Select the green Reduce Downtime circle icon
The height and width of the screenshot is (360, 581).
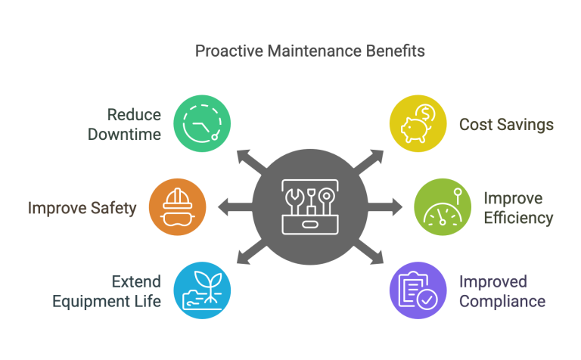click(203, 124)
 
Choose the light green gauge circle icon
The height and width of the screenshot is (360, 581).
click(442, 206)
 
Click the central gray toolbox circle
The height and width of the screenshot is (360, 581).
click(309, 206)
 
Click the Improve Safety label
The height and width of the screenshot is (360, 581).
click(82, 207)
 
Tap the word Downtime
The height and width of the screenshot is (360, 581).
click(124, 135)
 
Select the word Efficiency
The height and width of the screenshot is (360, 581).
click(518, 219)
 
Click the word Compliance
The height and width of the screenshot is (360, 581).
click(502, 302)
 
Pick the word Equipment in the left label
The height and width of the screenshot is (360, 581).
click(89, 301)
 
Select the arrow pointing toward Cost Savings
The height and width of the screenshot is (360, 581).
click(370, 157)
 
